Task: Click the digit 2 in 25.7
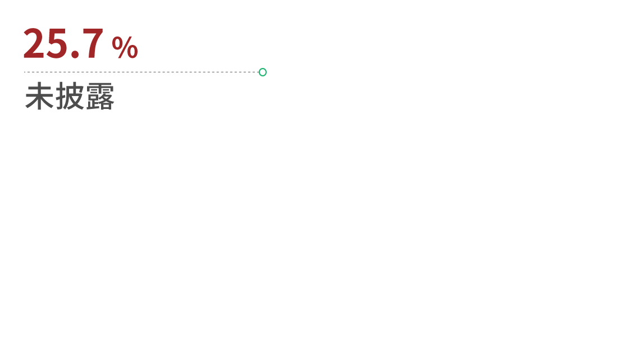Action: click(33, 44)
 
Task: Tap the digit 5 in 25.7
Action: click(56, 44)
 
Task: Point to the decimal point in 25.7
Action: click(75, 54)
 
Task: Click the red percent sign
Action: click(125, 47)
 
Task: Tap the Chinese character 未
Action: click(39, 95)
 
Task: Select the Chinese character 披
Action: click(70, 95)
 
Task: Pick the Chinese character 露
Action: click(100, 95)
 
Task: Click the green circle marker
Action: click(263, 72)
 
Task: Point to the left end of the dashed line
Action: click(24, 72)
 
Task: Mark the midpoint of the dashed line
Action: click(141, 72)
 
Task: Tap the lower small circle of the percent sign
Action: click(132, 52)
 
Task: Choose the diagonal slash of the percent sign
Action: click(125, 47)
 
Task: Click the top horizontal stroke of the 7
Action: click(93, 31)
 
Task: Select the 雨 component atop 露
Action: click(100, 88)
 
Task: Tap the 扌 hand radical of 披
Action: click(61, 95)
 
